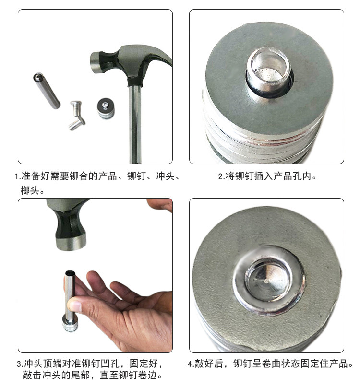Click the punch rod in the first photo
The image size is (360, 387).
click(47, 91)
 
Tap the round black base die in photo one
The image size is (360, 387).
click(106, 108)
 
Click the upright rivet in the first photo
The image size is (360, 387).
click(76, 108)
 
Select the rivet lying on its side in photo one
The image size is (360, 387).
click(77, 124)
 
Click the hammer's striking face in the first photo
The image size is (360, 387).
click(95, 63)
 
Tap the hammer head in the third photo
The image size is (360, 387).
click(69, 224)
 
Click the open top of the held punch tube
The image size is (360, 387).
click(70, 273)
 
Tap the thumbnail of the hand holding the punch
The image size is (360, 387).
click(74, 306)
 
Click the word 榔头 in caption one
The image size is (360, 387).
click(29, 190)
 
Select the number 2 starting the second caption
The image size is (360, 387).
click(220, 177)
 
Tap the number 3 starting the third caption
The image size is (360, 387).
click(19, 364)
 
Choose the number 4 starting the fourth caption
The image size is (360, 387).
click(190, 364)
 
